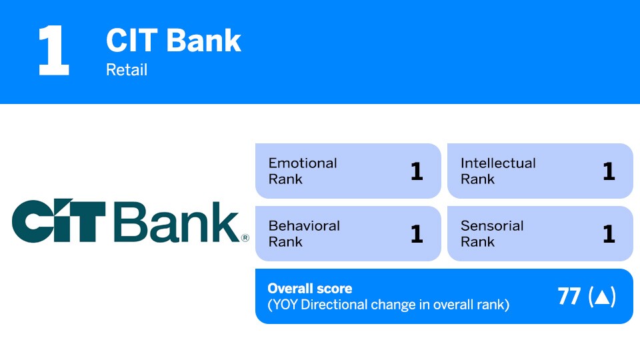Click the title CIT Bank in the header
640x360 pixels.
[x=173, y=41]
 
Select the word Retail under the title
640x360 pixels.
[x=127, y=69]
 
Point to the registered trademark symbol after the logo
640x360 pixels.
[x=245, y=237]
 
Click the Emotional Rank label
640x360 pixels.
[x=302, y=171]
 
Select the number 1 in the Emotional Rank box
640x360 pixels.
[x=417, y=171]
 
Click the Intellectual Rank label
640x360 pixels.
[x=497, y=171]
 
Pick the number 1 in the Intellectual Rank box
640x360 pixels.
[x=608, y=171]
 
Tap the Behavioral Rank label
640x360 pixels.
[x=303, y=233]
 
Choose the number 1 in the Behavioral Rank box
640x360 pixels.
[x=417, y=234]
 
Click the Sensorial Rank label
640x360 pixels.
[x=491, y=233]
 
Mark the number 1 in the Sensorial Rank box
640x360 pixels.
[x=608, y=234]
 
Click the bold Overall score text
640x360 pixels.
[x=309, y=289]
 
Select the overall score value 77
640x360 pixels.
[x=569, y=297]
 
